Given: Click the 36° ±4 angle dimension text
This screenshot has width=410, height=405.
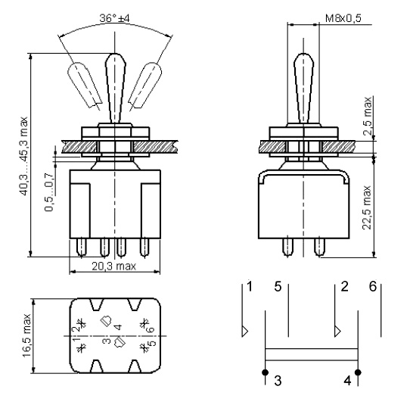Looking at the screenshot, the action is (x=114, y=18).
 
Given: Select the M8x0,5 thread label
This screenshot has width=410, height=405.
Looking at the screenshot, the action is (x=343, y=18).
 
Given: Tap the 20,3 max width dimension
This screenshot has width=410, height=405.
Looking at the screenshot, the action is (x=113, y=266).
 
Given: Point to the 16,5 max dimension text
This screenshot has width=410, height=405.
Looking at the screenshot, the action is (x=26, y=335).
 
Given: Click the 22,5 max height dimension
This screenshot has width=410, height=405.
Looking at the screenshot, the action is (x=367, y=207).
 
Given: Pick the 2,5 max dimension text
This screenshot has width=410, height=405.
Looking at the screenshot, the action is (x=368, y=116).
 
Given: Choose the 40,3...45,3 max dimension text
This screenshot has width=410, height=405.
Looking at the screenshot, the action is (x=23, y=156).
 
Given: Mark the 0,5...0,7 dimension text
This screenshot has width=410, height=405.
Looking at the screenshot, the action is (x=49, y=192).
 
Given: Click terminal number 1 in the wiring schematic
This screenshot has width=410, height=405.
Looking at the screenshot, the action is (x=250, y=286).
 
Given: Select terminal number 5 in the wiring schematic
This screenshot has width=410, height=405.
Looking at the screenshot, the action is (x=278, y=286).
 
